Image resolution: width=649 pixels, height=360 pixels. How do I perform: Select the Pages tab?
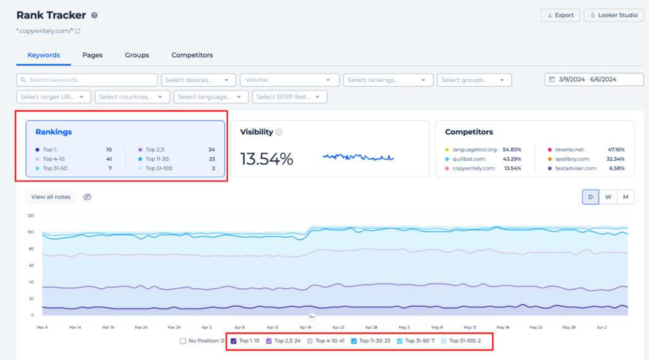point(93,55)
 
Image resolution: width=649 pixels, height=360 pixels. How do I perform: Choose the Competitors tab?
point(192,55)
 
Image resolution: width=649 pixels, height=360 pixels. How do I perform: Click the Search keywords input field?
point(87,80)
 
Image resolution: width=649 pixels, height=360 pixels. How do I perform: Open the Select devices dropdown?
point(199,80)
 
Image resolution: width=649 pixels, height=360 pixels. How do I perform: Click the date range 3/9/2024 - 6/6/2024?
point(589,79)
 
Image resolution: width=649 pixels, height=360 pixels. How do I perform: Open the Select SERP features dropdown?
point(290,97)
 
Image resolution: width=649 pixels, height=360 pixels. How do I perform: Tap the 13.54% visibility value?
point(266,159)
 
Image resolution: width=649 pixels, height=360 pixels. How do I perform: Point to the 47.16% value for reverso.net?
point(615,149)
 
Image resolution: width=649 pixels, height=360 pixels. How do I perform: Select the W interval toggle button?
point(608,197)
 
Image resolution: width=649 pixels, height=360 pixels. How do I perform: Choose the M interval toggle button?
point(625,197)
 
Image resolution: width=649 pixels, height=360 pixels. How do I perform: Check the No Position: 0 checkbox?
point(183,341)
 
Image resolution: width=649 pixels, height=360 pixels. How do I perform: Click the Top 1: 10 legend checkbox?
point(234,341)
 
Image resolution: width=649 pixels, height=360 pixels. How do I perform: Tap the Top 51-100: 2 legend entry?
point(444,341)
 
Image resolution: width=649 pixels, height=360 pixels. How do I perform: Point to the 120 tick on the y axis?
point(30,215)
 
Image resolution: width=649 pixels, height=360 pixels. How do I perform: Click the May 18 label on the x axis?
point(503,328)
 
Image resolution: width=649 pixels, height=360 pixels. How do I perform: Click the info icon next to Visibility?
point(279,132)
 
